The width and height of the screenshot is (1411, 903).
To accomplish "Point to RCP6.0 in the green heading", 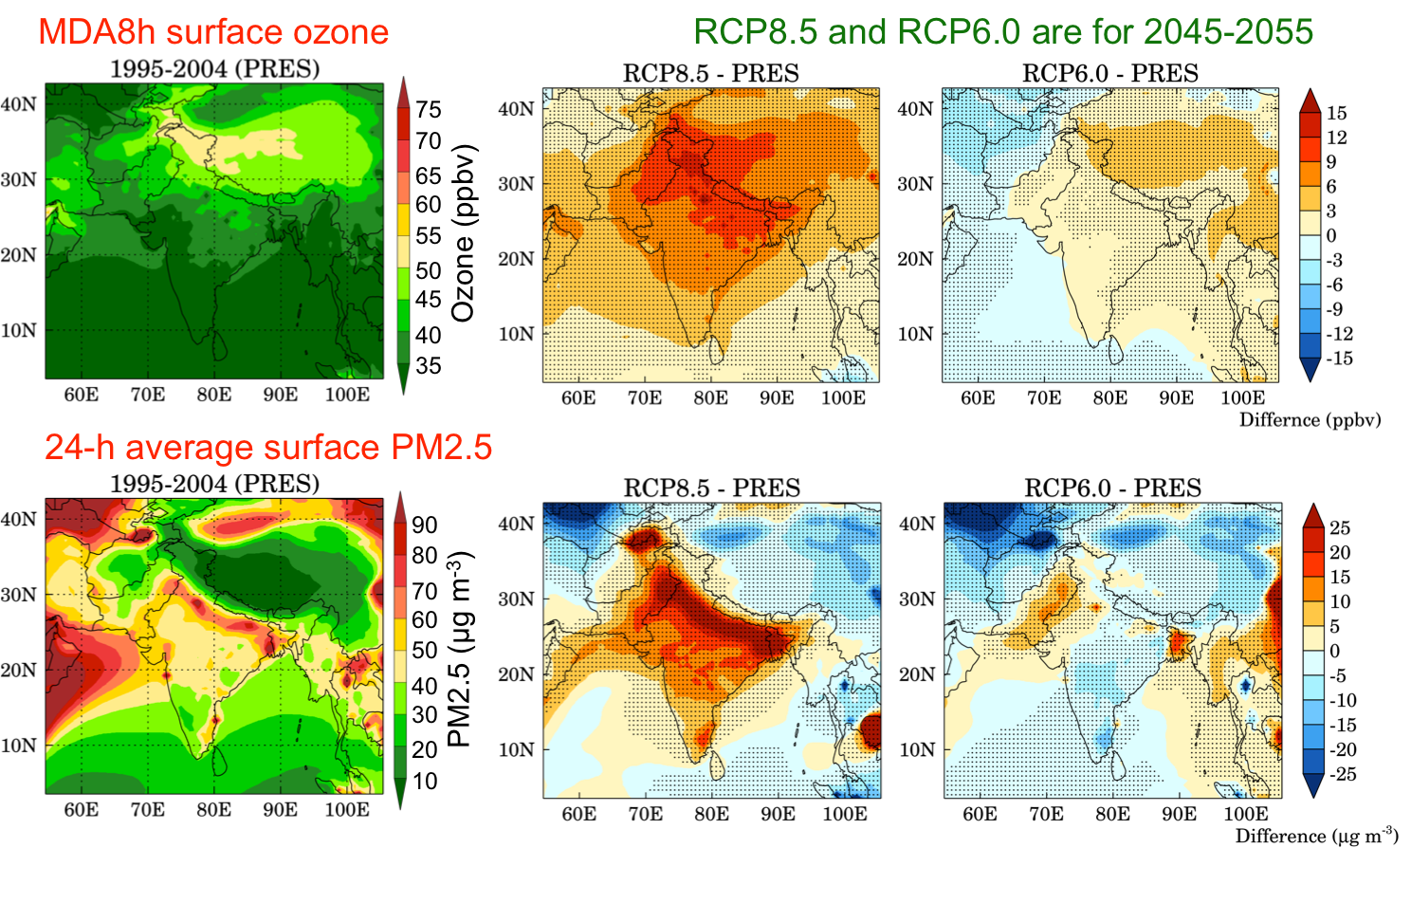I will pyautogui.click(x=959, y=32).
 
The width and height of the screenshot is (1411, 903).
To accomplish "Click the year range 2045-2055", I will pyautogui.click(x=1228, y=32).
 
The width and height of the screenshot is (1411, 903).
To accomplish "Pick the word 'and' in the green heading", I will pyautogui.click(x=857, y=32).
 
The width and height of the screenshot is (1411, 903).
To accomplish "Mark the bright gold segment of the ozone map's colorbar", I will pyautogui.click(x=403, y=220).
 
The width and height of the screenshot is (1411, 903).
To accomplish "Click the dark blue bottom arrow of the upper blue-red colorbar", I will pyautogui.click(x=1310, y=368).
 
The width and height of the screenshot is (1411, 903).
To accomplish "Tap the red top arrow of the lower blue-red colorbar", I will pyautogui.click(x=1313, y=517).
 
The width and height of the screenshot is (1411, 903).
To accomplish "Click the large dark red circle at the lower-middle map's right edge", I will pyautogui.click(x=870, y=731).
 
